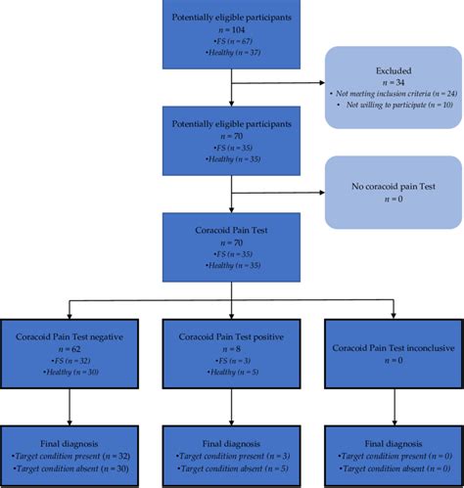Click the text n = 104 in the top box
231,29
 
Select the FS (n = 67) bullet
231,42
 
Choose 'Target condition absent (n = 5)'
233,468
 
